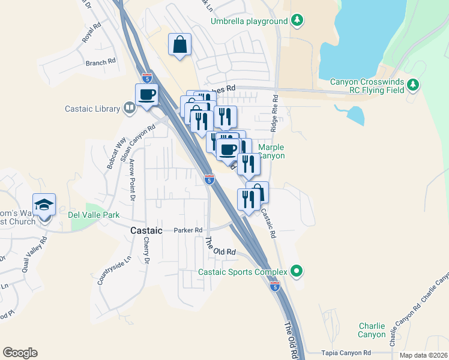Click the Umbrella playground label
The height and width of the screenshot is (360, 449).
coord(249,22)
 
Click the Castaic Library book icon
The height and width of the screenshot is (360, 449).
coord(129,109)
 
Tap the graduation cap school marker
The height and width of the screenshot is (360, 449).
coord(44,205)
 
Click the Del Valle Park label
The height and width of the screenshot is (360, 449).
coord(94,215)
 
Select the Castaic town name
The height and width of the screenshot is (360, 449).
coord(146,230)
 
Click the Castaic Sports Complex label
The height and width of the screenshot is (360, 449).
coord(243,272)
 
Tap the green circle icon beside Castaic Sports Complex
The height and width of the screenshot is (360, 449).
coord(296,271)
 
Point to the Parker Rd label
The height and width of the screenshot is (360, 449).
coord(188,230)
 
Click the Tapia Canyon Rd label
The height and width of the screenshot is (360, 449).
coord(346,353)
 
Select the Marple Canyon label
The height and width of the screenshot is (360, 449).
coord(271,151)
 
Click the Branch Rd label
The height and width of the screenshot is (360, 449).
coord(100,62)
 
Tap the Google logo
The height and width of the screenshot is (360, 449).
coord(20,353)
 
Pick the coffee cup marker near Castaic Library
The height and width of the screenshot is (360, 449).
coord(147,94)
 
